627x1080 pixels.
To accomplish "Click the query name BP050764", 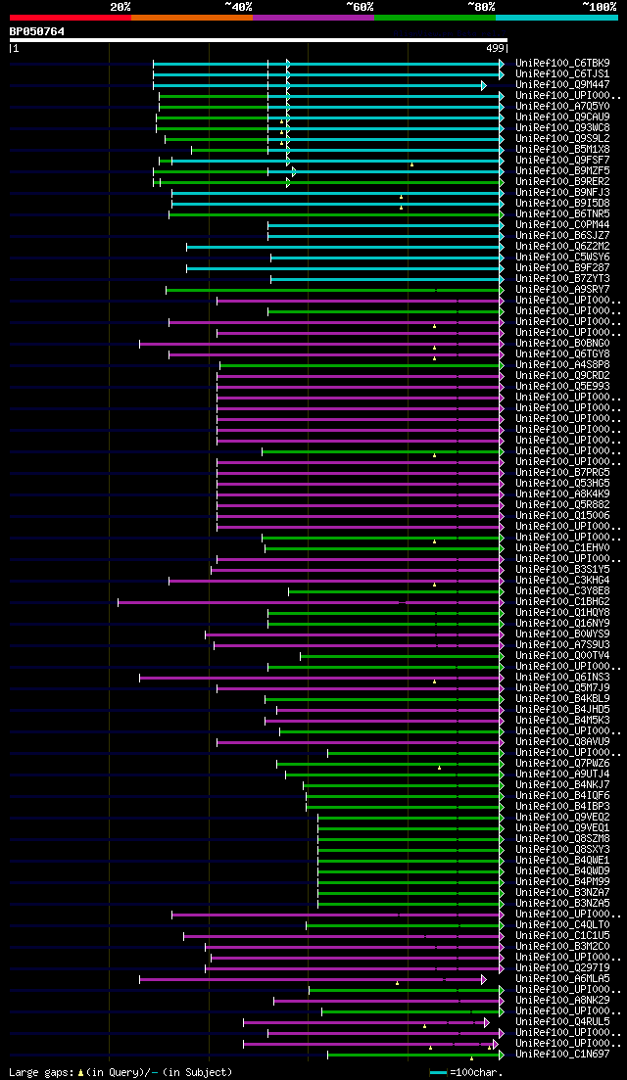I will (37, 31).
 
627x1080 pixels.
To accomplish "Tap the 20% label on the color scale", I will (121, 7).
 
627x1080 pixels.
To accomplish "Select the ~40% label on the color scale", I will (238, 7).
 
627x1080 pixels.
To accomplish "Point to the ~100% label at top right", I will (599, 7).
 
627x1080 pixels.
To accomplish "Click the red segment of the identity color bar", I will (70, 18).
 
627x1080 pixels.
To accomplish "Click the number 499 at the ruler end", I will (495, 48).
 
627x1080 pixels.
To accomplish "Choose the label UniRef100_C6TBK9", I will (562, 63).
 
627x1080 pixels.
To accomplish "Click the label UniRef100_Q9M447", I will (562, 84).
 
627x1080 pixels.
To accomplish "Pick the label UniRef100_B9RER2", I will (562, 181).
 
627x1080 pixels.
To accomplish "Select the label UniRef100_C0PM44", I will (562, 224).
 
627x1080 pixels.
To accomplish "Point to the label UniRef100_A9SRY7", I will (562, 289).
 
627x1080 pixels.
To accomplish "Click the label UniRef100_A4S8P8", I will (562, 364).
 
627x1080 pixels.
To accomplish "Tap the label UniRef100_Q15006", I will (562, 515).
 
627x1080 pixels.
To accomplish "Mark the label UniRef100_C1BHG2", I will (562, 601).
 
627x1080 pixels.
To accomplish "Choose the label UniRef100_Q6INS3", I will (562, 677).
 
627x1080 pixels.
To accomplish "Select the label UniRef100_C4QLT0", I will (562, 924).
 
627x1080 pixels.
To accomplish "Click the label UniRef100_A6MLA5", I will (562, 978).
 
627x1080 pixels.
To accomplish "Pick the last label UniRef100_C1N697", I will (562, 1054).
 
